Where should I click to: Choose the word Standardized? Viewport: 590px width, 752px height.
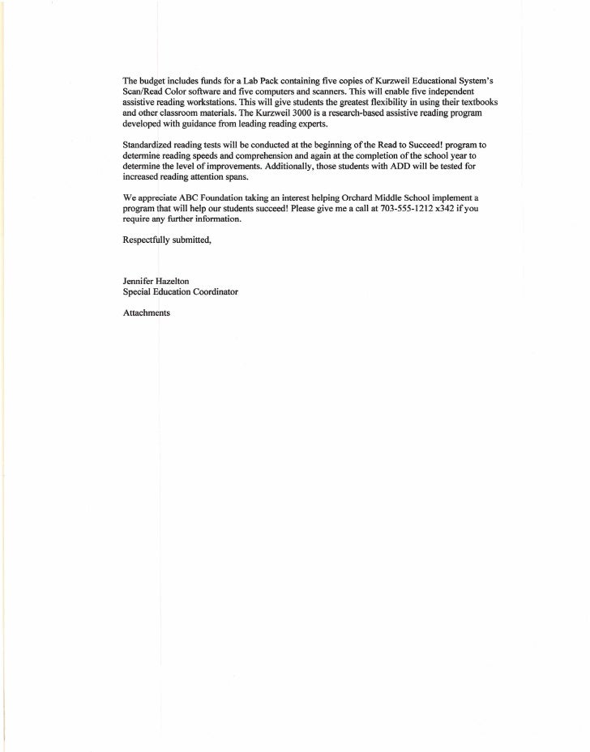point(148,143)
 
